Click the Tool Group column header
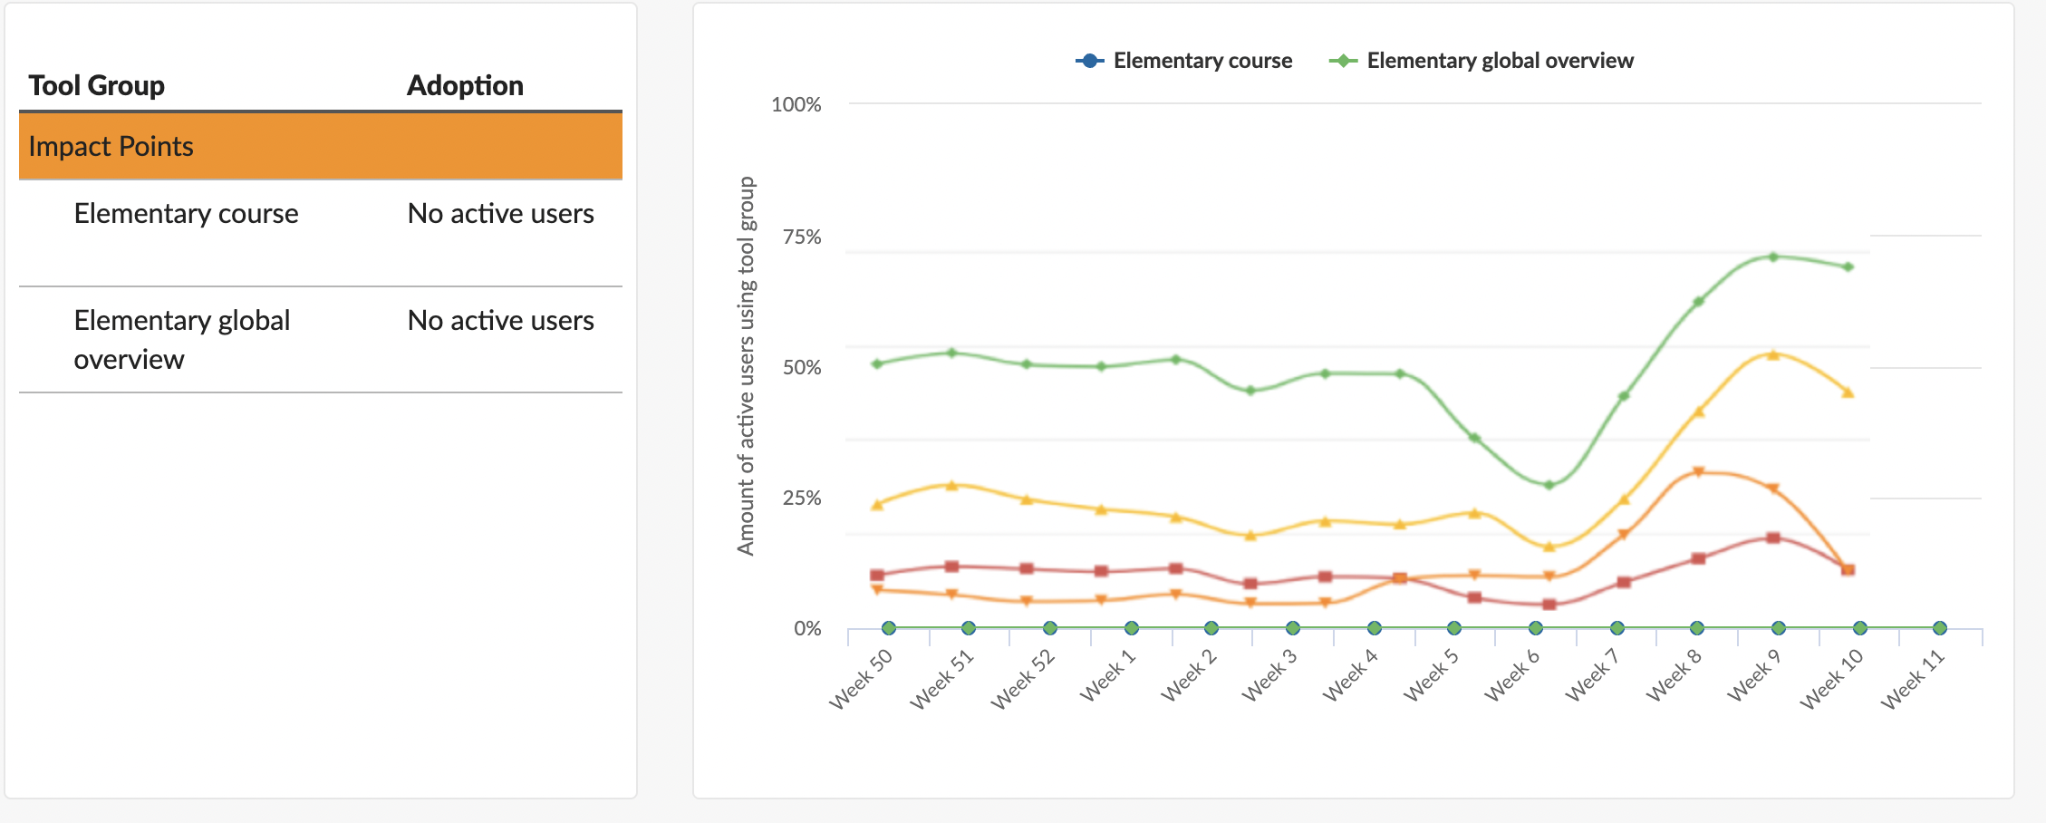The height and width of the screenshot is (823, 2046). [96, 85]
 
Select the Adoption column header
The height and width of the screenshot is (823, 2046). [465, 85]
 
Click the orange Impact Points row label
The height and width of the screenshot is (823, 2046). [111, 146]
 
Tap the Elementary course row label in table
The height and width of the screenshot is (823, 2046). [186, 213]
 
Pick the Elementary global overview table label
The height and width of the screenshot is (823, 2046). [181, 339]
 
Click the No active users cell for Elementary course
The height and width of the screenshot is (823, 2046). [500, 213]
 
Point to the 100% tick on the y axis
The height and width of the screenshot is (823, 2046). [796, 104]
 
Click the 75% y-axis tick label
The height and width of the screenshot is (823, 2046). [802, 237]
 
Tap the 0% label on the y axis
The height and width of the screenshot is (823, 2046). [807, 628]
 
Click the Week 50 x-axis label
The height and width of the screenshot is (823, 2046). [861, 679]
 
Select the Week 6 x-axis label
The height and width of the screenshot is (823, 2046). [1511, 676]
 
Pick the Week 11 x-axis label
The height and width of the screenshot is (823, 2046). [1913, 679]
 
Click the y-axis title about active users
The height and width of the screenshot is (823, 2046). [746, 365]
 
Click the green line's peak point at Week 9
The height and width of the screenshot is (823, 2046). [1773, 257]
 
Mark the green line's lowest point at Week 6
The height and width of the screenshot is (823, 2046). [1549, 485]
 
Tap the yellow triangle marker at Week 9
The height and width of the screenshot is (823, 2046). [1773, 354]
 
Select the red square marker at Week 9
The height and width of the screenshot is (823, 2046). [1773, 537]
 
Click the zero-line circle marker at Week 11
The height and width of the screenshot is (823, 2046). [1939, 628]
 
